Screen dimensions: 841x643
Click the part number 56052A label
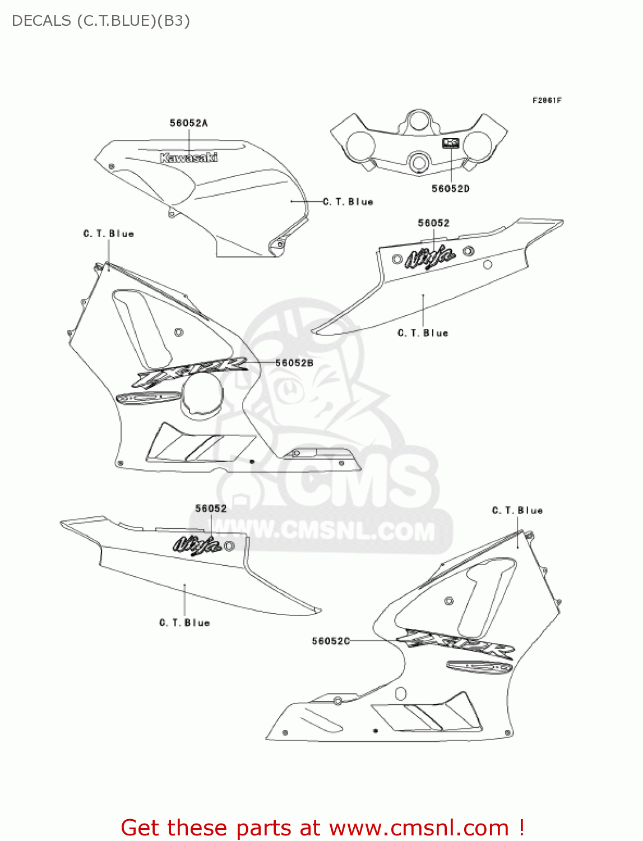(x=188, y=123)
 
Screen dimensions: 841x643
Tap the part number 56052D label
(x=450, y=189)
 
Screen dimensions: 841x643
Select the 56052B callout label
(x=294, y=363)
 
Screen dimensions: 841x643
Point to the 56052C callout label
(x=330, y=641)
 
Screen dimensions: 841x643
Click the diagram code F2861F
(x=547, y=100)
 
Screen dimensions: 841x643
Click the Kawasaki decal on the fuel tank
(x=188, y=158)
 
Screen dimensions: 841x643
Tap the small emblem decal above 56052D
(x=451, y=143)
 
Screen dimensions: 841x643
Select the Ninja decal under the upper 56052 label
(x=430, y=257)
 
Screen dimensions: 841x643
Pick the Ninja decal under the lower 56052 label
(x=196, y=544)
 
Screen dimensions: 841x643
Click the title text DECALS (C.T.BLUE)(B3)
(x=101, y=21)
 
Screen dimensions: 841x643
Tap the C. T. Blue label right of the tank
(x=348, y=202)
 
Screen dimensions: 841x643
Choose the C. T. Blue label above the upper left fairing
(x=109, y=234)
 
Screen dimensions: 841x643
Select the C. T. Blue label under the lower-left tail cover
(x=184, y=623)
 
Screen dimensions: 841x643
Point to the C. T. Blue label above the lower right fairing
(x=517, y=511)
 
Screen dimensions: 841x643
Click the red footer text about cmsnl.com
(x=322, y=828)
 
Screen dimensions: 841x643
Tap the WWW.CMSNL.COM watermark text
(x=331, y=530)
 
